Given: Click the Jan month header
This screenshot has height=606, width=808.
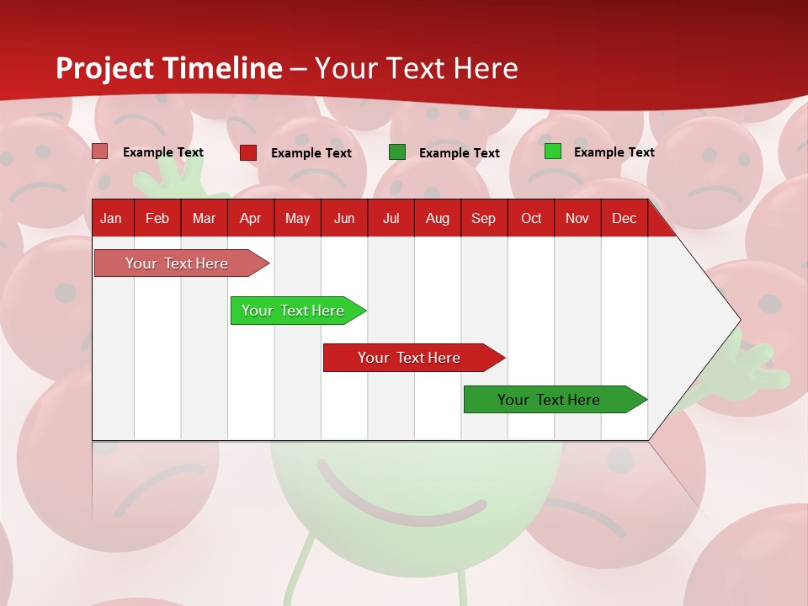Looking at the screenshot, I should (x=111, y=218).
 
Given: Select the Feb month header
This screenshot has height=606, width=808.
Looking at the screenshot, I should (x=157, y=218).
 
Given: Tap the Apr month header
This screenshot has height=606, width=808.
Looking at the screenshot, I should (x=250, y=218).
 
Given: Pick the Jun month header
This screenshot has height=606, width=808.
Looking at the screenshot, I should (x=344, y=218).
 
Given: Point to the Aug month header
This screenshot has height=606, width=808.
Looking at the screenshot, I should (x=437, y=218).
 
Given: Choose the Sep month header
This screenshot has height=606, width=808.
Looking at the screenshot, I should (x=483, y=218).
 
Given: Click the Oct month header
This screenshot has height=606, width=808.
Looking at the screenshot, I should (x=531, y=218).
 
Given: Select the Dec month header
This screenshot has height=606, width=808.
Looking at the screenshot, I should (x=624, y=218).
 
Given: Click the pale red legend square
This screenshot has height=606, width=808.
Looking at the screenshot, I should (x=100, y=151).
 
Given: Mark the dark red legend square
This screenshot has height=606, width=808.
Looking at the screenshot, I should (x=248, y=152).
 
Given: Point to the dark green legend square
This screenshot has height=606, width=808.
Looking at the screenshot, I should (x=397, y=152).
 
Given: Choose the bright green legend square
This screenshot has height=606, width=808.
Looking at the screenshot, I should (x=553, y=151).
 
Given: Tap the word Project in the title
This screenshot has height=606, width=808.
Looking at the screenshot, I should (x=105, y=68).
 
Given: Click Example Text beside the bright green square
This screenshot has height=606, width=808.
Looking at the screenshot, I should (x=614, y=152).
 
